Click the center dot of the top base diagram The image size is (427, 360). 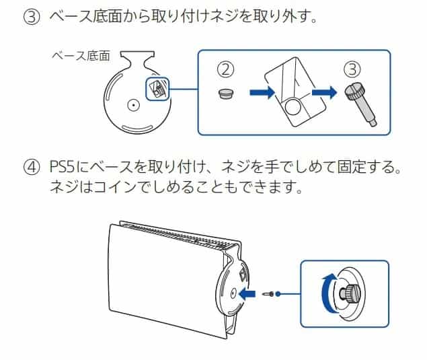pos(134,105)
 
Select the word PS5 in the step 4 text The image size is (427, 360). pos(66,167)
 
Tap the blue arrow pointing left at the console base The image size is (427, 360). pos(247,294)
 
